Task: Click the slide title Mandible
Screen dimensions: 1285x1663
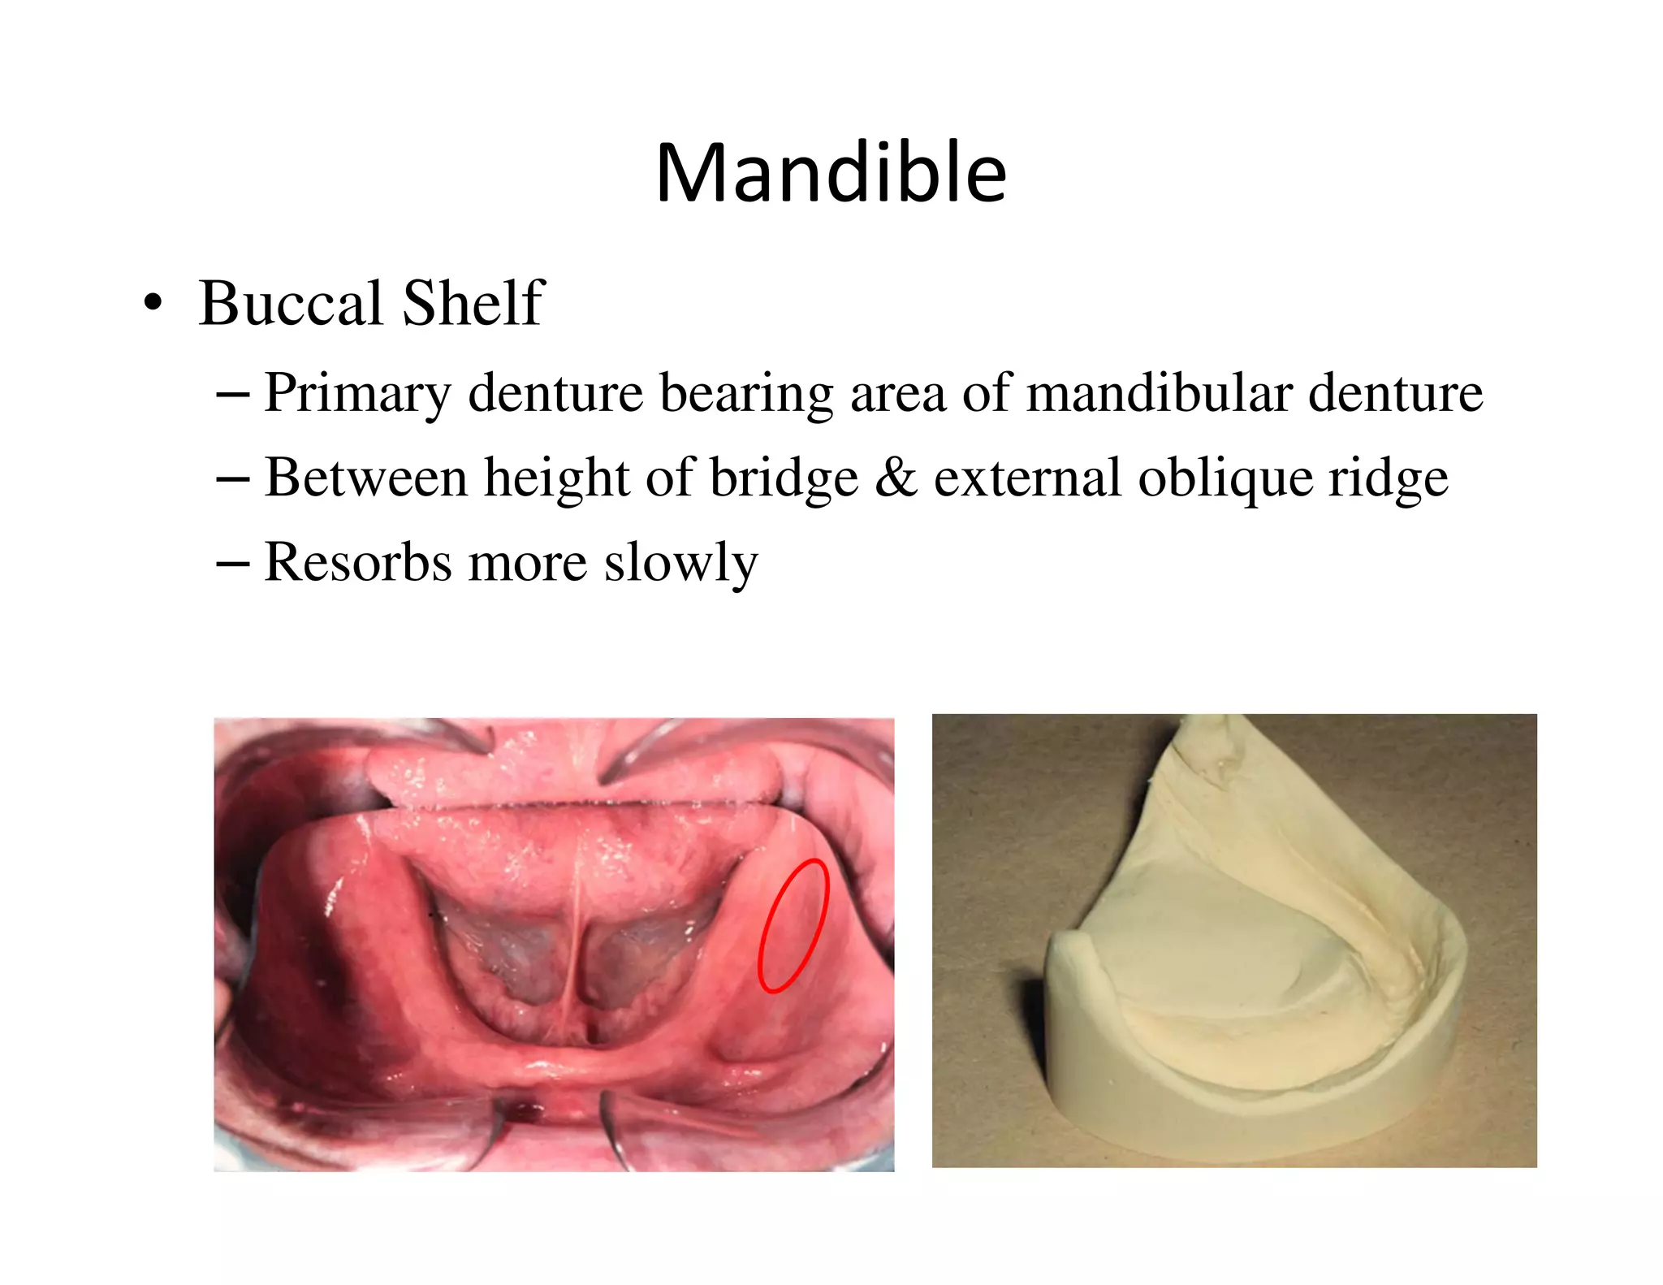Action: [831, 172]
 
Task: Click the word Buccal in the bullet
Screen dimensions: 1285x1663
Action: [291, 303]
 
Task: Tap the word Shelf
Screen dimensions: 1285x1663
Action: [473, 303]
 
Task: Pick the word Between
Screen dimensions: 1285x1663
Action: [365, 478]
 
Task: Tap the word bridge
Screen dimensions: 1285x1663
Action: [784, 479]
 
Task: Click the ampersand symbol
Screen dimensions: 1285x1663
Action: [896, 478]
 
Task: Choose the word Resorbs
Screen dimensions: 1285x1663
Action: [357, 562]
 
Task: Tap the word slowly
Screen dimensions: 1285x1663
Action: [680, 564]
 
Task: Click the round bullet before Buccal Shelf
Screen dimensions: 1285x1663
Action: [152, 305]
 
